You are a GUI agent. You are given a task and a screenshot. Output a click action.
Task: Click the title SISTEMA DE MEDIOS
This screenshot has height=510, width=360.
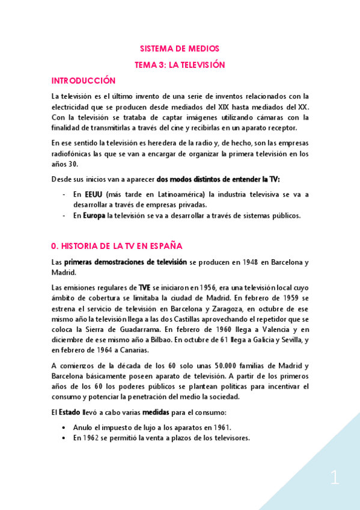[180, 49]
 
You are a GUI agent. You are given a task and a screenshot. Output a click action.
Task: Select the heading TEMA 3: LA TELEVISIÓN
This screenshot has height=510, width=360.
[180, 64]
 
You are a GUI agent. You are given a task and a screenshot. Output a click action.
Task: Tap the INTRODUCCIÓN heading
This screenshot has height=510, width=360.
[83, 81]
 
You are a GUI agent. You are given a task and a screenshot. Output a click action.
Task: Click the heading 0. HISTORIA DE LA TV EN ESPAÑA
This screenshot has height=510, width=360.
[117, 246]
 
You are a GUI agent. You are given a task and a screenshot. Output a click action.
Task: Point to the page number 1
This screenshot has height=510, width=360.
[335, 478]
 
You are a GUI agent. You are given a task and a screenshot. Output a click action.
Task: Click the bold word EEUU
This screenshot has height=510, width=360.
[93, 194]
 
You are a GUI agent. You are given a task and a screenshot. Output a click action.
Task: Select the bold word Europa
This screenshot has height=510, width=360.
[94, 216]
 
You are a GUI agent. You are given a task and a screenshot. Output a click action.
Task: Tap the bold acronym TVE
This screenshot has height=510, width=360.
[145, 287]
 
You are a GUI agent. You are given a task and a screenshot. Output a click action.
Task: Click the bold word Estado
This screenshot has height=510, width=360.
[69, 412]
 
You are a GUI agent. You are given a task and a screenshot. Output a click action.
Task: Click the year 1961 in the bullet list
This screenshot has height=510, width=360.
[219, 428]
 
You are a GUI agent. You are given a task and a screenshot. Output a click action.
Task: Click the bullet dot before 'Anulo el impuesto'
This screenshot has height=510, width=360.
[64, 428]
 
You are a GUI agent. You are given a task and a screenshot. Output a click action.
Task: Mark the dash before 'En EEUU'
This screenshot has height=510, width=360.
[64, 194]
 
